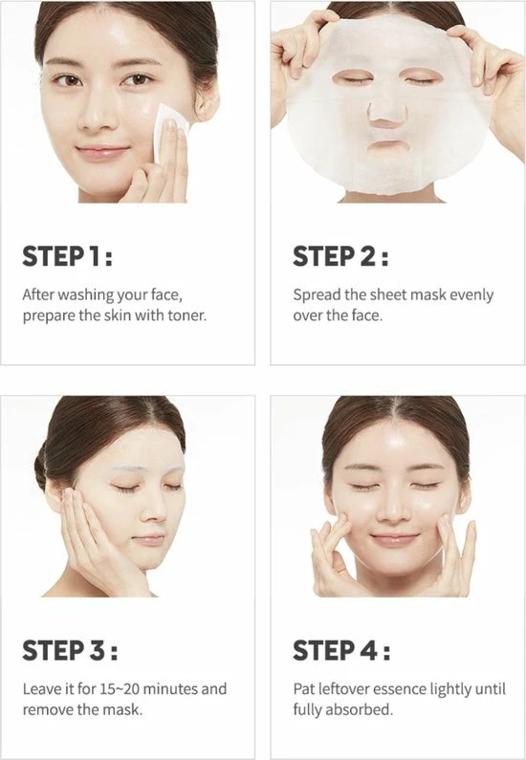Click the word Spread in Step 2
click(317, 294)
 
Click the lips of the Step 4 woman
click(394, 539)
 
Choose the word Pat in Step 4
click(305, 688)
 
